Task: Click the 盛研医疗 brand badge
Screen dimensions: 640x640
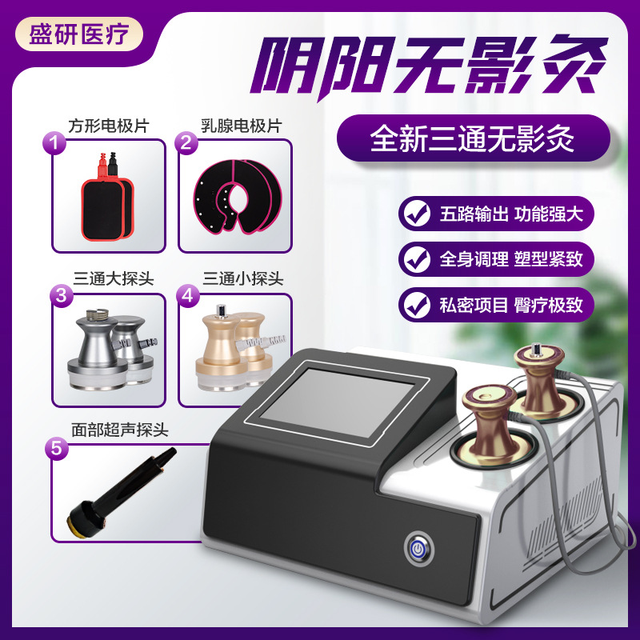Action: pyautogui.click(x=79, y=34)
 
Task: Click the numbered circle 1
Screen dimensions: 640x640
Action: pyautogui.click(x=54, y=143)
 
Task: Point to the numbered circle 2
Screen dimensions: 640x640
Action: pyautogui.click(x=185, y=143)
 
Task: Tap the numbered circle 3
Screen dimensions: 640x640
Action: pyautogui.click(x=61, y=295)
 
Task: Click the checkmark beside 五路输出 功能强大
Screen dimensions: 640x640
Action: pyautogui.click(x=414, y=214)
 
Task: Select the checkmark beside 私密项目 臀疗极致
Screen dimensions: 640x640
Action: pyautogui.click(x=414, y=302)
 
